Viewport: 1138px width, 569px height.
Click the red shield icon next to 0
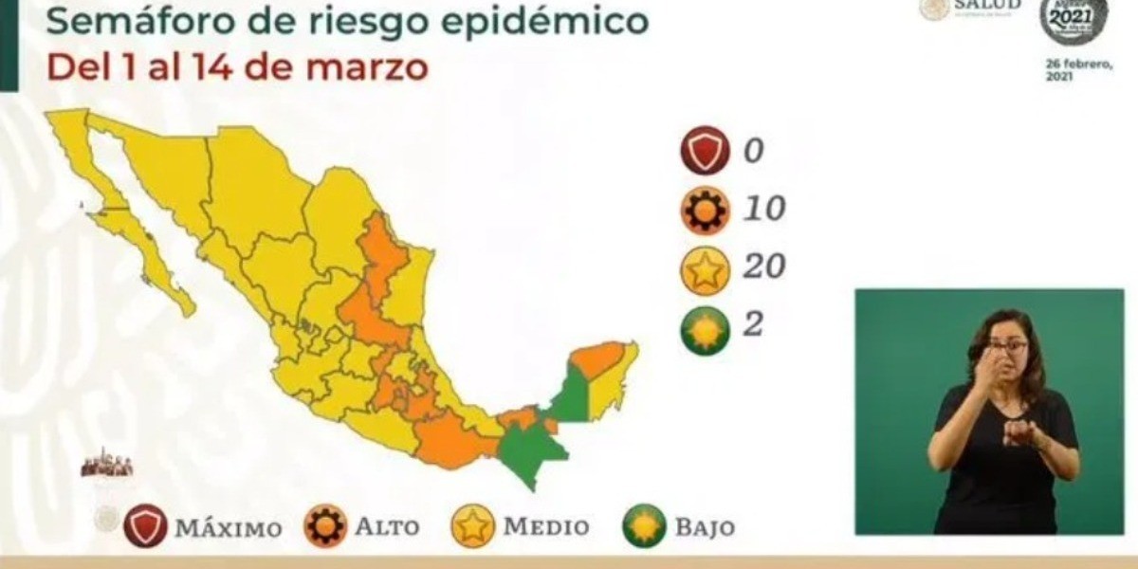[x=705, y=152]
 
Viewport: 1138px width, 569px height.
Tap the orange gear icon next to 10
[x=705, y=210]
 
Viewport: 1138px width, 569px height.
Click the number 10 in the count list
[x=763, y=209]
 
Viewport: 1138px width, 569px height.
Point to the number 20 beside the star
[x=763, y=266]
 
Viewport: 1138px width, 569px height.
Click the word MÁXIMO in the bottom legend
[x=228, y=527]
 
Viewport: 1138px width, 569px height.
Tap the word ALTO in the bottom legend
[x=387, y=527]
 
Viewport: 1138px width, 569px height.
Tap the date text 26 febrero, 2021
[x=1073, y=70]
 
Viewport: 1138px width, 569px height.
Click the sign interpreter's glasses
[x=1007, y=347]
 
